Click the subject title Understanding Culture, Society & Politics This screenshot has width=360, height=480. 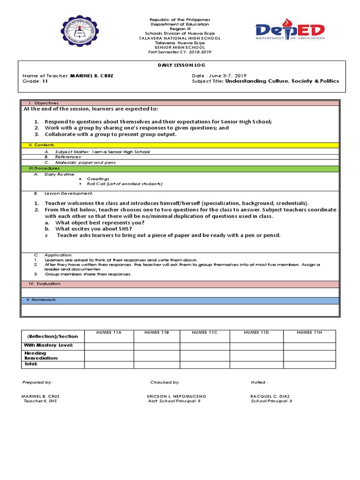(x=282, y=81)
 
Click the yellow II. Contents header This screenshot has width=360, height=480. (x=42, y=145)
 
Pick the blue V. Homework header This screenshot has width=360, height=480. (x=43, y=300)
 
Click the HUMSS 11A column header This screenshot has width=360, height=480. (x=109, y=332)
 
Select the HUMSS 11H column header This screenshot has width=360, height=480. (x=309, y=332)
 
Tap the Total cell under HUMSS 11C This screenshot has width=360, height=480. (x=205, y=364)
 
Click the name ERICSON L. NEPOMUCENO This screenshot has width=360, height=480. (x=177, y=396)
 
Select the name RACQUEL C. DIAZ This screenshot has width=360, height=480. (x=270, y=396)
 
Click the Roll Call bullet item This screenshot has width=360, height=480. (x=124, y=184)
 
